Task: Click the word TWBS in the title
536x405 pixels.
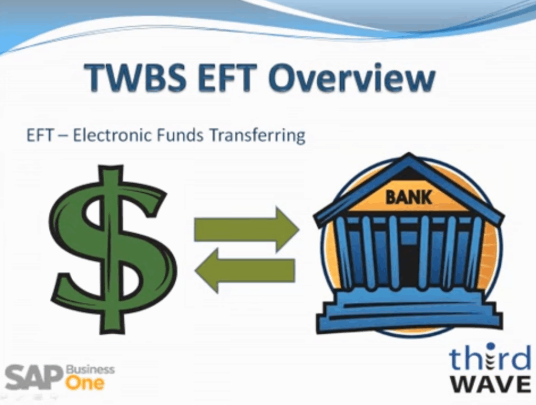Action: (x=136, y=78)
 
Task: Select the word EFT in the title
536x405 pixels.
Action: (x=228, y=78)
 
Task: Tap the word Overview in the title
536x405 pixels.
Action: (x=352, y=78)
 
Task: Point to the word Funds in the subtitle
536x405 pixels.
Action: (x=180, y=135)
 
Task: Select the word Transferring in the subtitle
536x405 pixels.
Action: (x=257, y=136)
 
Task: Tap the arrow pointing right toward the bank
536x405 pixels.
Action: (x=247, y=229)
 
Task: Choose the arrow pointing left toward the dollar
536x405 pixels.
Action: (x=245, y=270)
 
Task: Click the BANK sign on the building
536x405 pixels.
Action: (x=408, y=198)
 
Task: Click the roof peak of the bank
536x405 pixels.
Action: (x=409, y=156)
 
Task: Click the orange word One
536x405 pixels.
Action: (x=85, y=382)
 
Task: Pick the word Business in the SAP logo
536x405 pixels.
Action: (x=90, y=369)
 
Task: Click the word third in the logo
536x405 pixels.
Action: (x=490, y=357)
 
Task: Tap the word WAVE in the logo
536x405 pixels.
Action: (x=490, y=384)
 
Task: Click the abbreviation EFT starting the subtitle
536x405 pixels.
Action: (x=40, y=135)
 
